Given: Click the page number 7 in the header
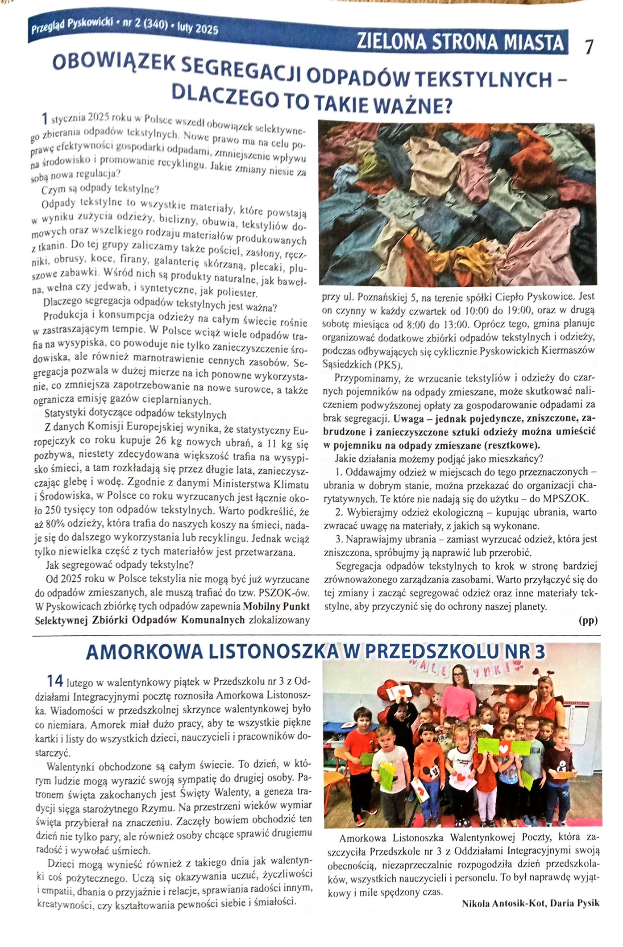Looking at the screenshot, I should [589, 47].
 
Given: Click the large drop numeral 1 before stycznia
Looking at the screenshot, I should [44, 119].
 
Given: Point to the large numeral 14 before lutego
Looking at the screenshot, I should [55, 681].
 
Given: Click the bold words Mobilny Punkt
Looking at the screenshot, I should [276, 606].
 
